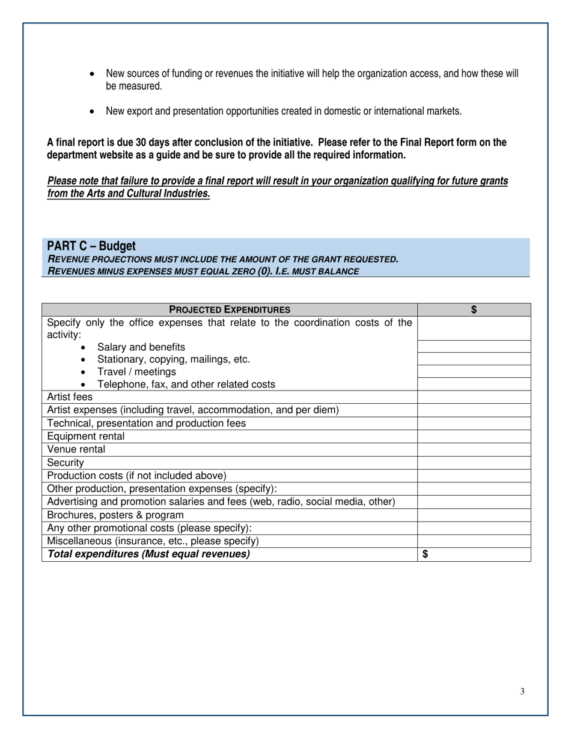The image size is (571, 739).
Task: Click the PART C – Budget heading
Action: pos(91,246)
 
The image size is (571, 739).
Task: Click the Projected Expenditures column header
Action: pos(230,310)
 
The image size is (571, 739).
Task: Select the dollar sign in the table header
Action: pos(474,310)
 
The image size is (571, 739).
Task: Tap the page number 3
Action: pos(522,692)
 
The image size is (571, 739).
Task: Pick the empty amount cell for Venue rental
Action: pos(474,449)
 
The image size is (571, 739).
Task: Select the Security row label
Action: pos(66,463)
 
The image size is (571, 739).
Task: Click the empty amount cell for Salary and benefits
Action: pos(474,347)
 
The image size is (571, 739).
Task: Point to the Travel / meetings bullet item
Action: pos(136,371)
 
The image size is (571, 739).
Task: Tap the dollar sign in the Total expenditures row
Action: pos(426,555)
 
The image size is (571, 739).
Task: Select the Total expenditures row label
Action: pos(148,554)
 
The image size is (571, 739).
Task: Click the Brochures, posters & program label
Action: pos(115,515)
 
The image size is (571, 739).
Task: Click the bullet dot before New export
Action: pos(91,112)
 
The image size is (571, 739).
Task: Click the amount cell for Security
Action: pos(474,463)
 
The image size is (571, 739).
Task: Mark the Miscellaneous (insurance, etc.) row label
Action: pos(153,541)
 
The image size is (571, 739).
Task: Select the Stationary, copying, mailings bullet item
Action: pos(173,359)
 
